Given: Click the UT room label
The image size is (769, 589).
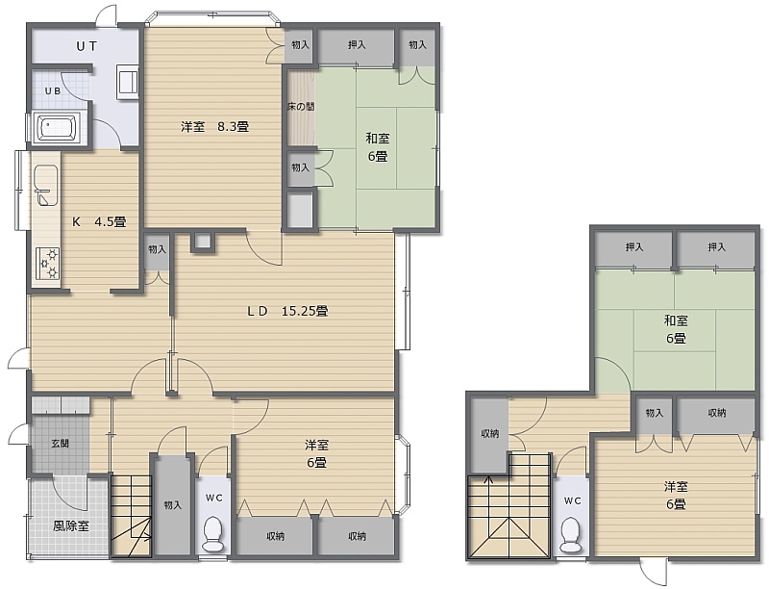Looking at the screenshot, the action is click(x=87, y=46).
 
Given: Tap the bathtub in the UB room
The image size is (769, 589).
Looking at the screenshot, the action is click(x=59, y=128).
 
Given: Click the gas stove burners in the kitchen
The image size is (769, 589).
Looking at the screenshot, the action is click(x=47, y=264).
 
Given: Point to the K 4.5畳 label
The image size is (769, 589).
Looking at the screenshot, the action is click(x=99, y=222).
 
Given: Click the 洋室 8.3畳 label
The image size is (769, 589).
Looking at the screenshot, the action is click(x=214, y=127).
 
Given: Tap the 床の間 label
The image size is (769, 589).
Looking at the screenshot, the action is click(x=301, y=106).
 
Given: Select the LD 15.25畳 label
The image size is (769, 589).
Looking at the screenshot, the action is click(x=287, y=311).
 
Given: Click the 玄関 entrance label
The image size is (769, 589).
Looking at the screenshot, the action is click(x=61, y=444).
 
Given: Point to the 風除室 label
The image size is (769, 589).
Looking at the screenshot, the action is click(x=71, y=526).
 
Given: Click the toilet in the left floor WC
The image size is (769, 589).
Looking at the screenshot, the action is click(x=213, y=534).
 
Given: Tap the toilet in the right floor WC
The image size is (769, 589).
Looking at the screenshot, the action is click(x=571, y=535).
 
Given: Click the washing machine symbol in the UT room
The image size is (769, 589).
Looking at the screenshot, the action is click(x=128, y=82).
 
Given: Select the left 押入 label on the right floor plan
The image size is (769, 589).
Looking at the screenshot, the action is click(x=634, y=247).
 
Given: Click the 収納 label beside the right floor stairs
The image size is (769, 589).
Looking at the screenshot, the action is click(x=489, y=433).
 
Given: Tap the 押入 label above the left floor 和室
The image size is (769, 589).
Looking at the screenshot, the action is click(x=357, y=44).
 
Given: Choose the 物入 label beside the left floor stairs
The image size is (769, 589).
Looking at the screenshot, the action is click(x=173, y=504).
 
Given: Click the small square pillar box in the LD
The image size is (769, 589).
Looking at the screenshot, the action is click(x=203, y=241).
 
